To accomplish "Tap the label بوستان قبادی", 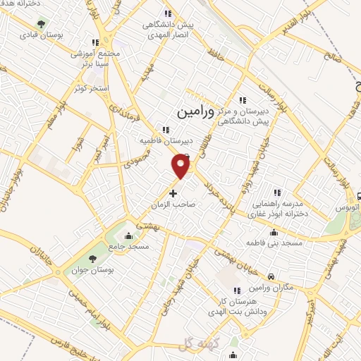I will [38, 34].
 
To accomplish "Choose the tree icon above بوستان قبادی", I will [39, 23].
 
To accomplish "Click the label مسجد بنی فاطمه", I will [255, 242].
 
